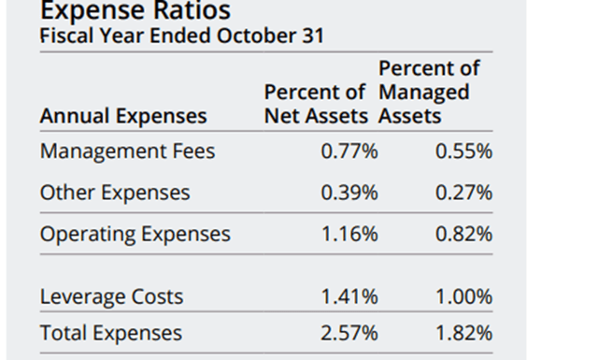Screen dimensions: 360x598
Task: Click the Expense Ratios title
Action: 136,11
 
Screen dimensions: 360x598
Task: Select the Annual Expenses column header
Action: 123,117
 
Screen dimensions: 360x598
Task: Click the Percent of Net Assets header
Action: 319,105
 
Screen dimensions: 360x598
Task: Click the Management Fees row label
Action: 127,151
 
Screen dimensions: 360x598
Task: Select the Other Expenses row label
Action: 115,193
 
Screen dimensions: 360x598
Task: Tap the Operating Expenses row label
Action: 135,234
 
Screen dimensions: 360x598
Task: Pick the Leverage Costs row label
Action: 111,297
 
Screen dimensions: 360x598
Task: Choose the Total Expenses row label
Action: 111,333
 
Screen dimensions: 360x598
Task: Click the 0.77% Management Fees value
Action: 349,151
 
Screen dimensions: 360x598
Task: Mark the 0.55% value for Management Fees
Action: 463,151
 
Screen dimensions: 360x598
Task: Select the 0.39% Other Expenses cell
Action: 349,193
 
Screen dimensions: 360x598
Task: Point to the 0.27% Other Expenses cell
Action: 463,193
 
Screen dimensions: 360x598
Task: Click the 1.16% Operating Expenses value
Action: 349,234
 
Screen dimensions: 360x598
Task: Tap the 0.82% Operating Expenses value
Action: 463,234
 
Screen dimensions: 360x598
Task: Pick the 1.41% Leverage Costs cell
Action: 349,297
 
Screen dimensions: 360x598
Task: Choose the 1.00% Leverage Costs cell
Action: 463,297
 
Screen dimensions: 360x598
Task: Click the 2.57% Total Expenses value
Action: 349,333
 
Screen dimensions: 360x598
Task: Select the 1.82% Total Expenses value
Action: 463,333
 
